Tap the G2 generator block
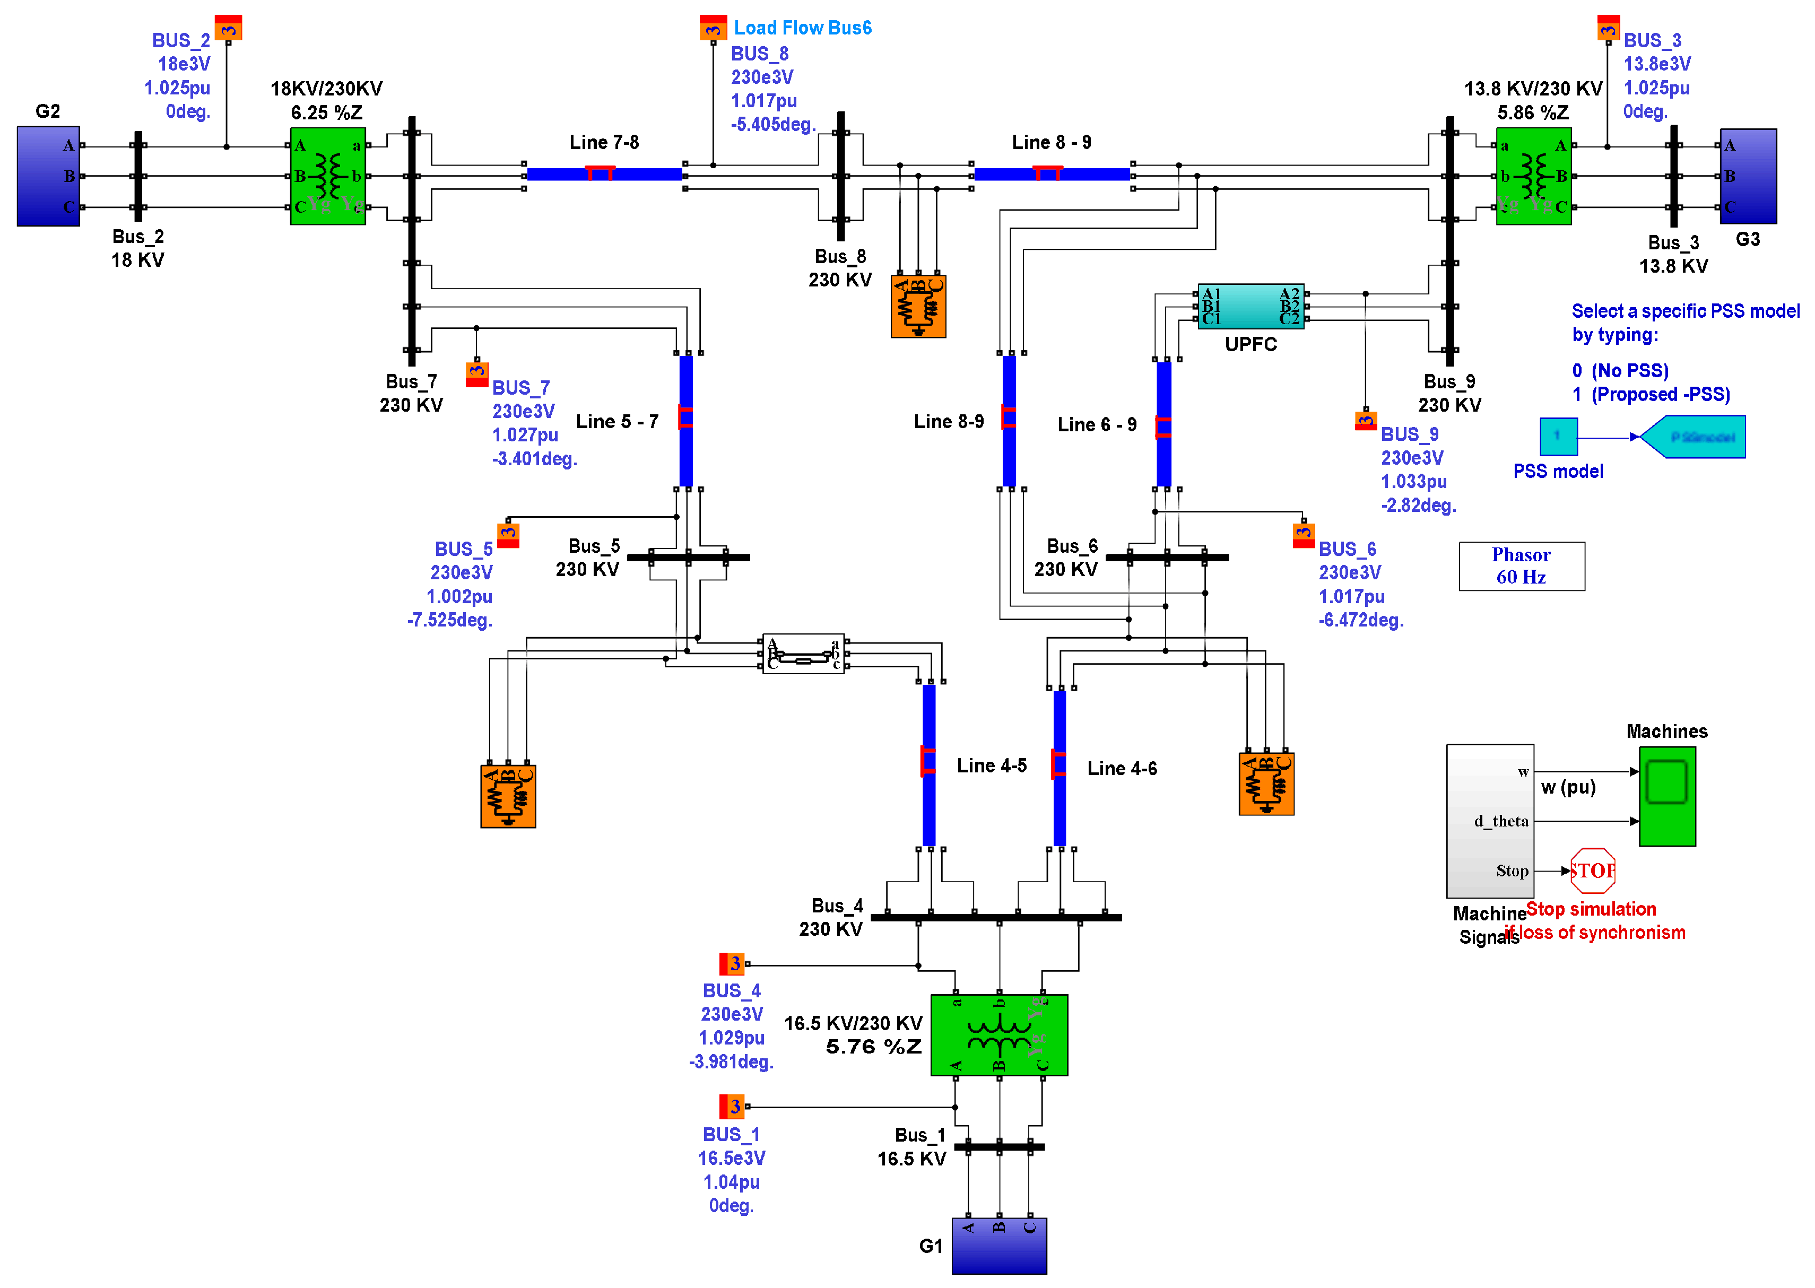click(x=48, y=176)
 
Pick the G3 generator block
click(x=1748, y=176)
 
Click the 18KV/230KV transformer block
click(x=328, y=176)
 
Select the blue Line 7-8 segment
click(x=604, y=173)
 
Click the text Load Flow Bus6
click(x=802, y=28)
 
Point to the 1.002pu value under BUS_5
click(x=459, y=596)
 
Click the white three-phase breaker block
click(x=803, y=654)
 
